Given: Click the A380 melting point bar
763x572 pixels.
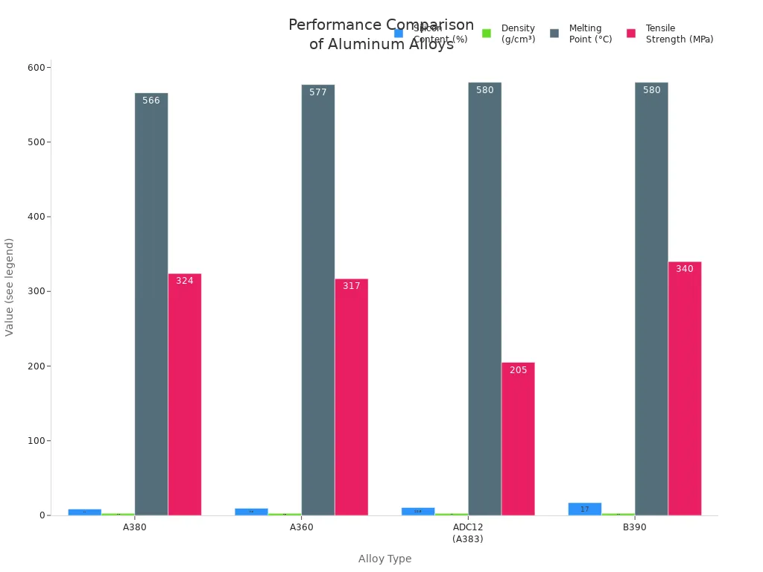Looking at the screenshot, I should click(x=151, y=305).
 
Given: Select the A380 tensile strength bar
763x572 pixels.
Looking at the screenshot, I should click(x=185, y=395).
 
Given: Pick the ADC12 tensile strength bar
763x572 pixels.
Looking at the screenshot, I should click(x=518, y=439).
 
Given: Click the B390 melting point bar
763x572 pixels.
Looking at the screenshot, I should click(x=651, y=298).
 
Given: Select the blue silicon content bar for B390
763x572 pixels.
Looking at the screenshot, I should click(x=585, y=509).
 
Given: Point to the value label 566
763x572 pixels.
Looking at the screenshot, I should click(x=151, y=101).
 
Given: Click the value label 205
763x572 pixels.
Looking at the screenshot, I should click(x=518, y=370).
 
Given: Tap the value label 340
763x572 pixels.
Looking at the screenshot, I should click(x=684, y=269).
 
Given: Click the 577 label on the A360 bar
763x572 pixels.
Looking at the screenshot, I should click(x=318, y=92).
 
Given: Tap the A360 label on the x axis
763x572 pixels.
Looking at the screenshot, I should click(x=302, y=527).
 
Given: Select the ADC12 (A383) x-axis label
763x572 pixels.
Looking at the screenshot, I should click(x=468, y=533).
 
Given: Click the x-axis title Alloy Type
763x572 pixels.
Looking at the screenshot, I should click(x=384, y=559).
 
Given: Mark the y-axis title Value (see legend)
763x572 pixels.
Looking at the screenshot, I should click(x=10, y=287).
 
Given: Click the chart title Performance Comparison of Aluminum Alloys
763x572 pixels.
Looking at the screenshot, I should click(x=381, y=34).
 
